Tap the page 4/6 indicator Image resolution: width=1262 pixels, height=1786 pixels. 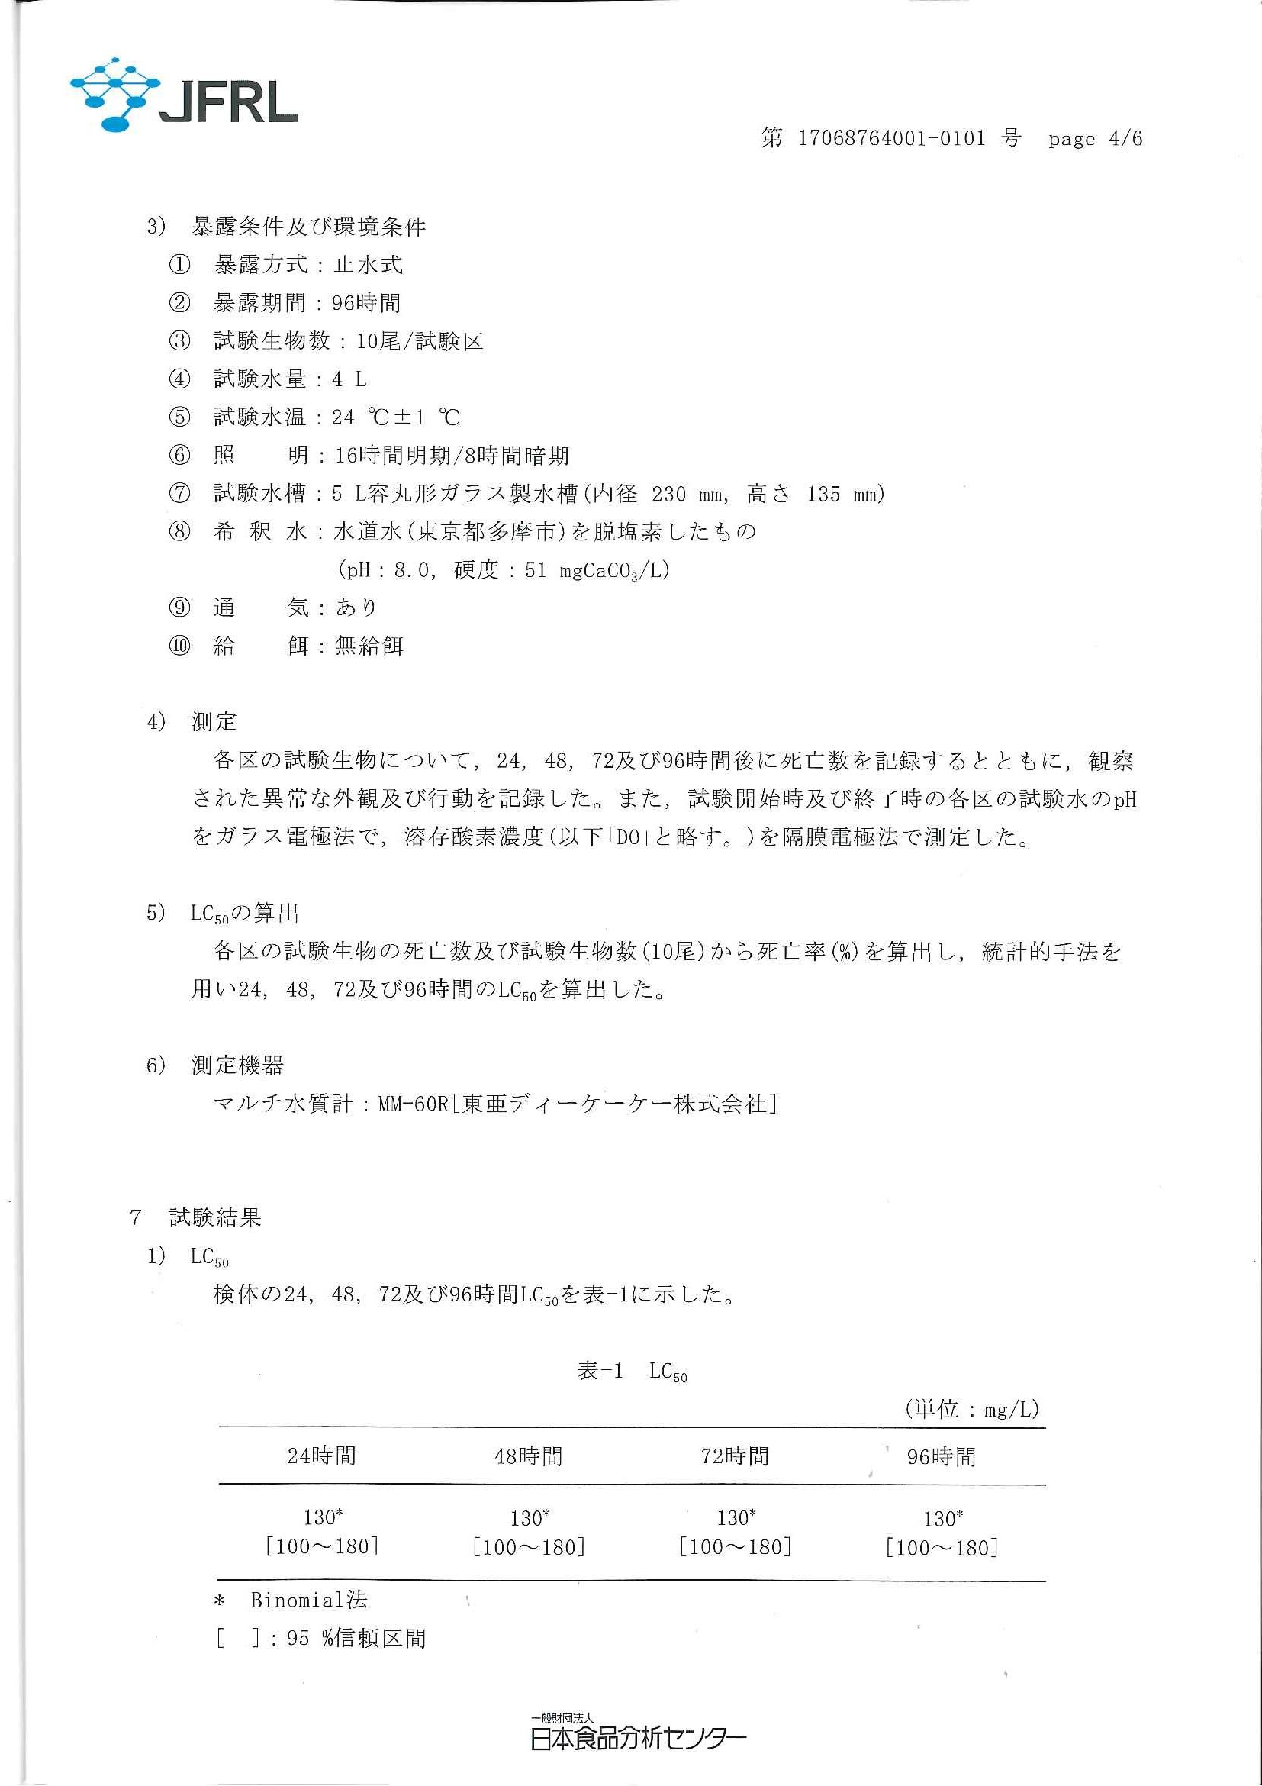tap(1095, 139)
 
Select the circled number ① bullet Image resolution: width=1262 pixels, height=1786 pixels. tap(179, 266)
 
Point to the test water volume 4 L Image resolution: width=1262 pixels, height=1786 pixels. tap(349, 379)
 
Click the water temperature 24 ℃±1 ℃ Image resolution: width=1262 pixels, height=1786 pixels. tap(397, 417)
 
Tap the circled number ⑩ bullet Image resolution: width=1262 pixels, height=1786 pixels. tap(179, 646)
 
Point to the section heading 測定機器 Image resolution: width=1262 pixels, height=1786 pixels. tap(238, 1065)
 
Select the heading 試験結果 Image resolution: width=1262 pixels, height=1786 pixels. tap(215, 1217)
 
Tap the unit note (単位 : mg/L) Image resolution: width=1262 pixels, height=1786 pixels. tap(972, 1409)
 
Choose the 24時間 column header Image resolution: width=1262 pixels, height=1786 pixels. tap(322, 1456)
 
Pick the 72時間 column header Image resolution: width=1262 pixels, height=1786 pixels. tap(735, 1456)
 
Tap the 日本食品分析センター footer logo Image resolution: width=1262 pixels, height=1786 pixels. tap(638, 1735)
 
